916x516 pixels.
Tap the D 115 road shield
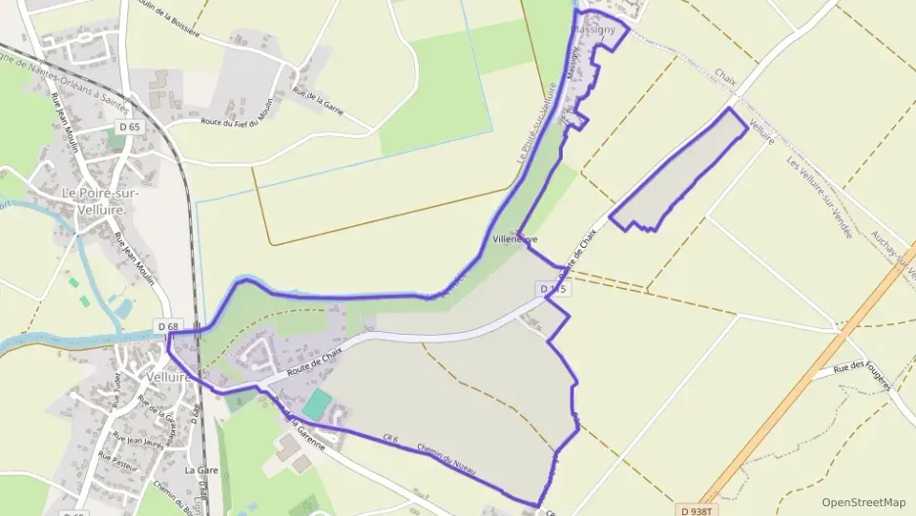[553, 290]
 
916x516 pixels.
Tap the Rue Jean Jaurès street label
[137, 440]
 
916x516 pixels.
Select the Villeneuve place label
[516, 239]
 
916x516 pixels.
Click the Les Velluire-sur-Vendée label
[820, 195]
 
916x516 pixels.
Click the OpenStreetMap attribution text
[863, 502]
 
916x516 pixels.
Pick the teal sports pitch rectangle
[317, 402]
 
